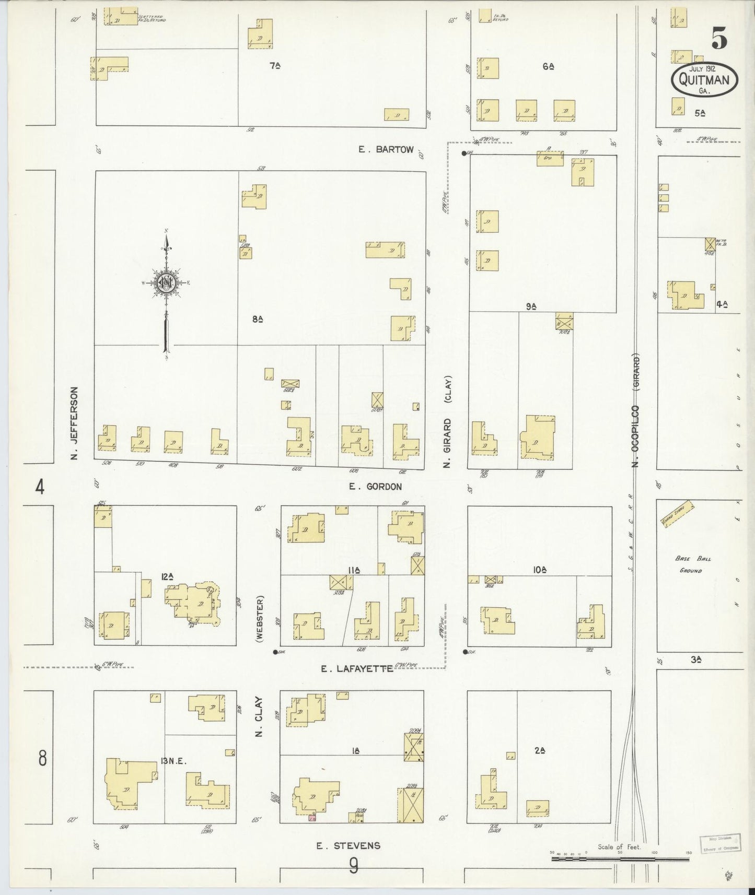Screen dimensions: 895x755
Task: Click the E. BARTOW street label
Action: [x=386, y=150]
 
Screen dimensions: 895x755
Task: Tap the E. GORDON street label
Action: [x=376, y=487]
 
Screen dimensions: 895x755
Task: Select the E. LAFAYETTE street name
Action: [x=357, y=668]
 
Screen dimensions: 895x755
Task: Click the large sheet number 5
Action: [x=719, y=38]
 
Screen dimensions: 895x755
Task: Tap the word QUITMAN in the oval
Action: [x=705, y=80]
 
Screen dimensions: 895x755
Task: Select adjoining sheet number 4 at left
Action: [x=40, y=488]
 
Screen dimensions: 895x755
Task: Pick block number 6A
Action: [x=548, y=66]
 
